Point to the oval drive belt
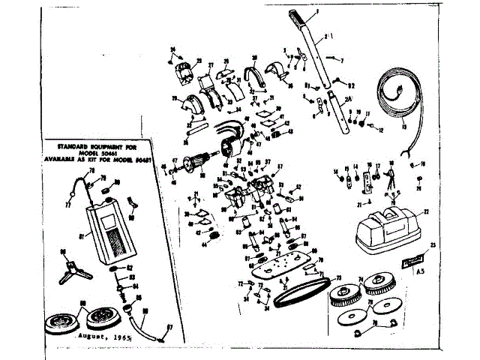pyautogui.click(x=299, y=295)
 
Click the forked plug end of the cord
pyautogui.click(x=409, y=156)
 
